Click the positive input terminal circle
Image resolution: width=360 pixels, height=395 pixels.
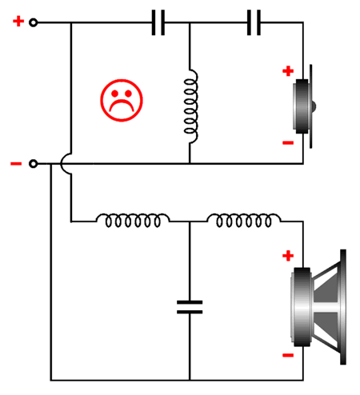coord(33,22)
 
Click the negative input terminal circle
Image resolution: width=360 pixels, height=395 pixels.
coord(33,164)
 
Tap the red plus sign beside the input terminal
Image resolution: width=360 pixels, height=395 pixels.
coord(18,22)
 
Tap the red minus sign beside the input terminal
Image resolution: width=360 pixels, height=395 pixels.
coord(16,164)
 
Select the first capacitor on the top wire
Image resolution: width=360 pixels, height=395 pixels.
coord(158,22)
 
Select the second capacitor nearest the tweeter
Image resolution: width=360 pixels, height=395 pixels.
coord(254,22)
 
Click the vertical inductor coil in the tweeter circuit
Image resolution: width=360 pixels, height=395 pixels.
coord(190,106)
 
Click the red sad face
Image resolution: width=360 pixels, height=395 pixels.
coord(122,101)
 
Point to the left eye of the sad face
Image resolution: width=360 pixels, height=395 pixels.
coord(114,94)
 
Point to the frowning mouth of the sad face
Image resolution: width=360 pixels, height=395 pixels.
coord(122,106)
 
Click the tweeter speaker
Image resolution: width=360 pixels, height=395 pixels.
coord(304,106)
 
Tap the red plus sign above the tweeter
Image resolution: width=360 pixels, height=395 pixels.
coord(288,71)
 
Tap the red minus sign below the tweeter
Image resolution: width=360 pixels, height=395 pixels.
coord(288,143)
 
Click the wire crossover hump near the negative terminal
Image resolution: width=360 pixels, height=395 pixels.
coord(62,164)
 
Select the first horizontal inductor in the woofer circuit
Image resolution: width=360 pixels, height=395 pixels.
coord(133,220)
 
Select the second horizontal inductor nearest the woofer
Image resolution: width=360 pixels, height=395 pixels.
coord(244,220)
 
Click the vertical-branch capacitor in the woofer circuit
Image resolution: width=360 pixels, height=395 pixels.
coord(190,307)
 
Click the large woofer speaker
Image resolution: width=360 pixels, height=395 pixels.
coord(318,307)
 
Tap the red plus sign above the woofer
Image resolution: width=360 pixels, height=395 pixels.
coord(288,256)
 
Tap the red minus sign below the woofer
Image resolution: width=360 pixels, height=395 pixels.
coord(288,355)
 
